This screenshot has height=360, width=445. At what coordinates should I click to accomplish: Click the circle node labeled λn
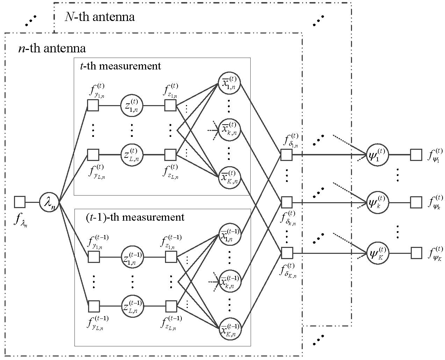click(x=49, y=202)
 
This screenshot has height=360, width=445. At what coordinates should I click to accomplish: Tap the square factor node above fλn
click(x=20, y=202)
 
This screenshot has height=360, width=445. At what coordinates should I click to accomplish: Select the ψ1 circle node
click(x=377, y=155)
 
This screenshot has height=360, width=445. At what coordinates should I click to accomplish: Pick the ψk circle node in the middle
click(x=377, y=203)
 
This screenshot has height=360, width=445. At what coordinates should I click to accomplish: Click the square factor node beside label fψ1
click(x=416, y=155)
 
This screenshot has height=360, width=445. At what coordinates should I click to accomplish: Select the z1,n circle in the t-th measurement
click(x=132, y=105)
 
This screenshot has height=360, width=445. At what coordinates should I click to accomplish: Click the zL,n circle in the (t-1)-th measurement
click(x=132, y=307)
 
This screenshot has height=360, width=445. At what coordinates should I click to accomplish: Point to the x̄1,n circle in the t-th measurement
click(x=229, y=83)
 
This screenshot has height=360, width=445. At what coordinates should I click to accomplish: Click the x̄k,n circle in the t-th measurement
click(x=229, y=130)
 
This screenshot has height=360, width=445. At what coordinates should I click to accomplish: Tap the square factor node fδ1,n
click(x=286, y=155)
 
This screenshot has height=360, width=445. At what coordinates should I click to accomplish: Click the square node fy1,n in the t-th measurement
click(x=93, y=105)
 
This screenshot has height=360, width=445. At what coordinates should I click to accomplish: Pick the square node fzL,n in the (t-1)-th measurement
click(x=171, y=307)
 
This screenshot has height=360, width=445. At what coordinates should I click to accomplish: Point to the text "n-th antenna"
click(x=52, y=48)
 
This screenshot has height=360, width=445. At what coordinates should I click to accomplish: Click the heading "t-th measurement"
click(x=121, y=66)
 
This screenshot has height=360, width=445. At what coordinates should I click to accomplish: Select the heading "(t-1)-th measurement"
click(x=135, y=217)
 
